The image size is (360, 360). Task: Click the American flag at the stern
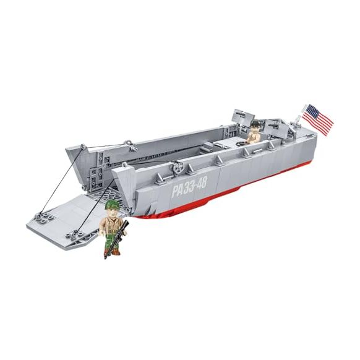(317, 119)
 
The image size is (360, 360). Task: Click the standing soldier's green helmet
(111, 205)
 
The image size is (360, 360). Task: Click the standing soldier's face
(111, 212)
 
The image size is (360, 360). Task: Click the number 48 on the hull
(202, 183)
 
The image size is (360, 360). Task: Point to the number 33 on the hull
(188, 187)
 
